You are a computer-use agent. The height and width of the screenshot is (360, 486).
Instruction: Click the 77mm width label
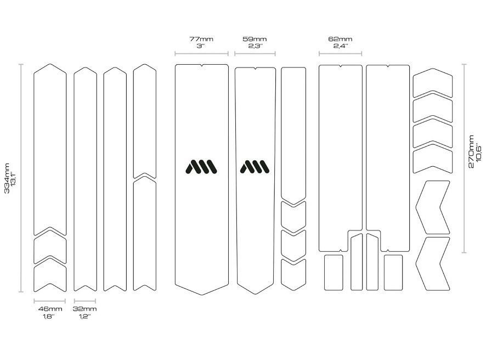[201, 39]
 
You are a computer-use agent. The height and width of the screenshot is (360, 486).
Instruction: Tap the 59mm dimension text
[255, 39]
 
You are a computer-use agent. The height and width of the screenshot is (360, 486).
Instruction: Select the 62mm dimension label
[340, 39]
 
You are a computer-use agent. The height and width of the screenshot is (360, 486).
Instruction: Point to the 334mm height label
[7, 178]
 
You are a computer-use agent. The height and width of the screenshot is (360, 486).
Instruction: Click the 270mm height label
[471, 151]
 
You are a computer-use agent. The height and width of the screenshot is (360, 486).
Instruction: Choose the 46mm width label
[50, 309]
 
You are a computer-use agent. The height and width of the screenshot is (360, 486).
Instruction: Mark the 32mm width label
[84, 309]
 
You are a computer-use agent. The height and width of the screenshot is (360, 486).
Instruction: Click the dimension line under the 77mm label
[201, 54]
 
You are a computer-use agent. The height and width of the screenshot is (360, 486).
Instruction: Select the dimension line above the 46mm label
[49, 301]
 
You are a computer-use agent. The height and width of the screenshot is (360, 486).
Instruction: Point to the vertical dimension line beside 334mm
[21, 178]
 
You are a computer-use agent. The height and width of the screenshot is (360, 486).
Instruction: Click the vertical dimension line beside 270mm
[464, 159]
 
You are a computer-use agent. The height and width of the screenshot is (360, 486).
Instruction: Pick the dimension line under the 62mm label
[340, 54]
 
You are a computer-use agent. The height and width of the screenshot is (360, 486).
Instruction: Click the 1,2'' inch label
[84, 316]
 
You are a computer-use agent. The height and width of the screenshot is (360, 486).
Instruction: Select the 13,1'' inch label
[13, 178]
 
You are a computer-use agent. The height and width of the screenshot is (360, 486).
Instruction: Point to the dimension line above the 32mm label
[85, 301]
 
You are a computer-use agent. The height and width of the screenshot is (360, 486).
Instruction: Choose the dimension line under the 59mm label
[255, 54]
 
